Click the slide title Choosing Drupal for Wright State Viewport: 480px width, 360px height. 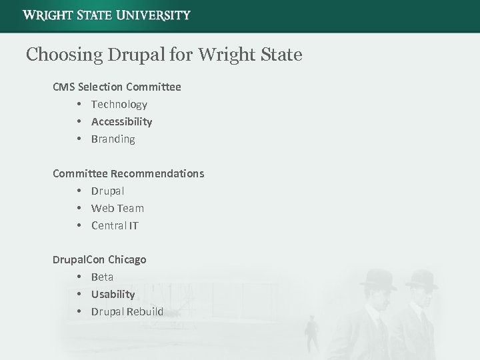click(164, 54)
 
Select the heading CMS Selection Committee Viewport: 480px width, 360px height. click(117, 87)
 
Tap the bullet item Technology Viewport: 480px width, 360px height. click(119, 104)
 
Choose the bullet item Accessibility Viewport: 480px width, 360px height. click(121, 121)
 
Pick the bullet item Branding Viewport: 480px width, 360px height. click(113, 139)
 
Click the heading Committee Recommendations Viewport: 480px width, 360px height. click(129, 173)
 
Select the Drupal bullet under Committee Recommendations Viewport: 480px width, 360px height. click(108, 191)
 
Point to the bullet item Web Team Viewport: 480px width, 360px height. click(117, 208)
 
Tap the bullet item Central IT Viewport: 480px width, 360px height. click(115, 225)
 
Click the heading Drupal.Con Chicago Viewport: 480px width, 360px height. click(99, 259)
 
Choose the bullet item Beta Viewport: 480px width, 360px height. click(102, 277)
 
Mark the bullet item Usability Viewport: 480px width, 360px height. click(113, 294)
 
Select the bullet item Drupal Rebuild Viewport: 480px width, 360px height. click(127, 311)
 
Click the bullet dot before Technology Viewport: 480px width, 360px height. click(79, 104)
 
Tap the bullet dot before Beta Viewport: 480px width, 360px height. click(79, 277)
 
